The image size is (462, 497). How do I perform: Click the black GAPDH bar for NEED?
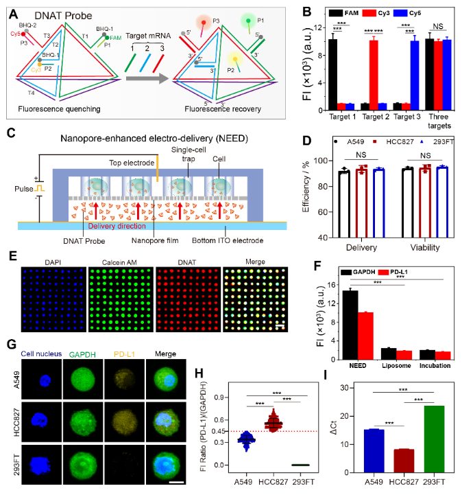(x=350, y=325)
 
